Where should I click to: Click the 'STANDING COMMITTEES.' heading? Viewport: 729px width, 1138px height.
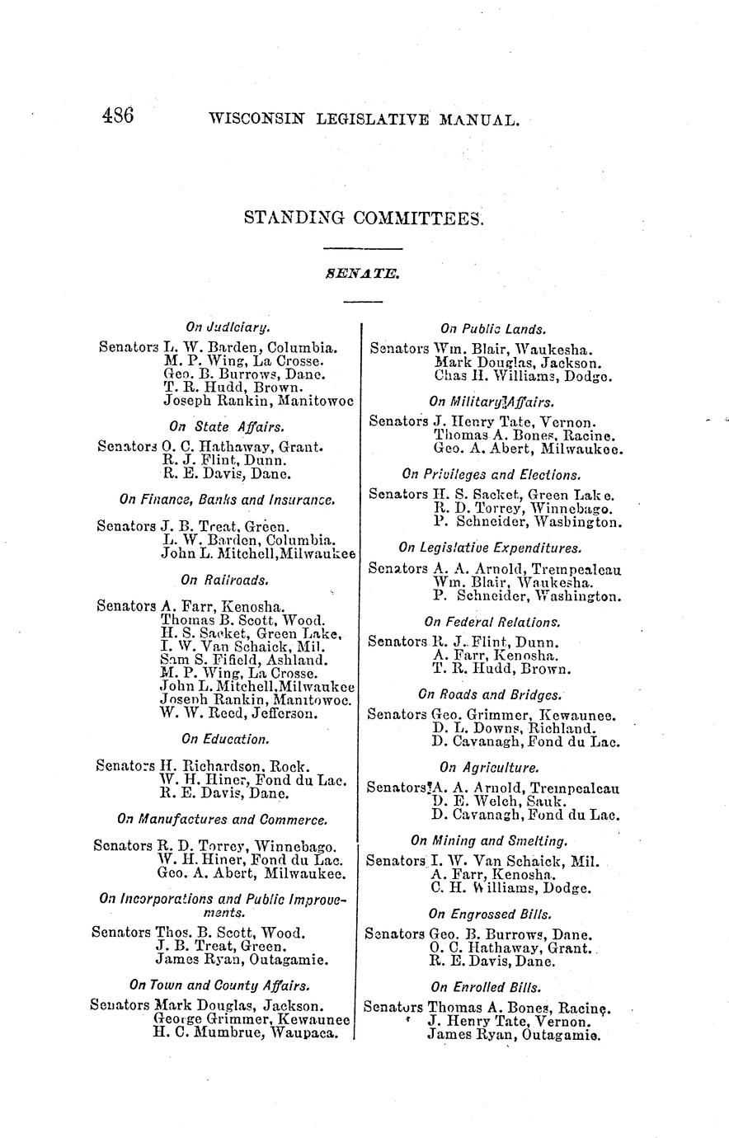(364, 219)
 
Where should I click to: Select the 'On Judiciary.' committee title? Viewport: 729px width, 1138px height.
(228, 328)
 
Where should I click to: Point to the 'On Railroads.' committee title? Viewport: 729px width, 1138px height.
(224, 580)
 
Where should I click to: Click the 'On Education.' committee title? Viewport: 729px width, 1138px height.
(225, 739)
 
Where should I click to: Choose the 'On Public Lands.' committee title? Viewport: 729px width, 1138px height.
(493, 329)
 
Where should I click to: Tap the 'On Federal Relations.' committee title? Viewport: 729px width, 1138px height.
(492, 622)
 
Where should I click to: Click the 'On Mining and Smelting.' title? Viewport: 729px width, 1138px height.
(490, 841)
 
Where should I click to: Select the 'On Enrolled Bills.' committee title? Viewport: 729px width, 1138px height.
(486, 987)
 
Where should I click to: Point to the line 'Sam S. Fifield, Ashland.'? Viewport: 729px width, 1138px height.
(243, 660)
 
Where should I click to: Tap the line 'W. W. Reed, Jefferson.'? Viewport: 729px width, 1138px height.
(238, 713)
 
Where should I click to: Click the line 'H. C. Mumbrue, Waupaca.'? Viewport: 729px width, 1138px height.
(246, 1032)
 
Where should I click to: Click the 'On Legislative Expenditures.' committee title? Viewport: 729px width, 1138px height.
(490, 548)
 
